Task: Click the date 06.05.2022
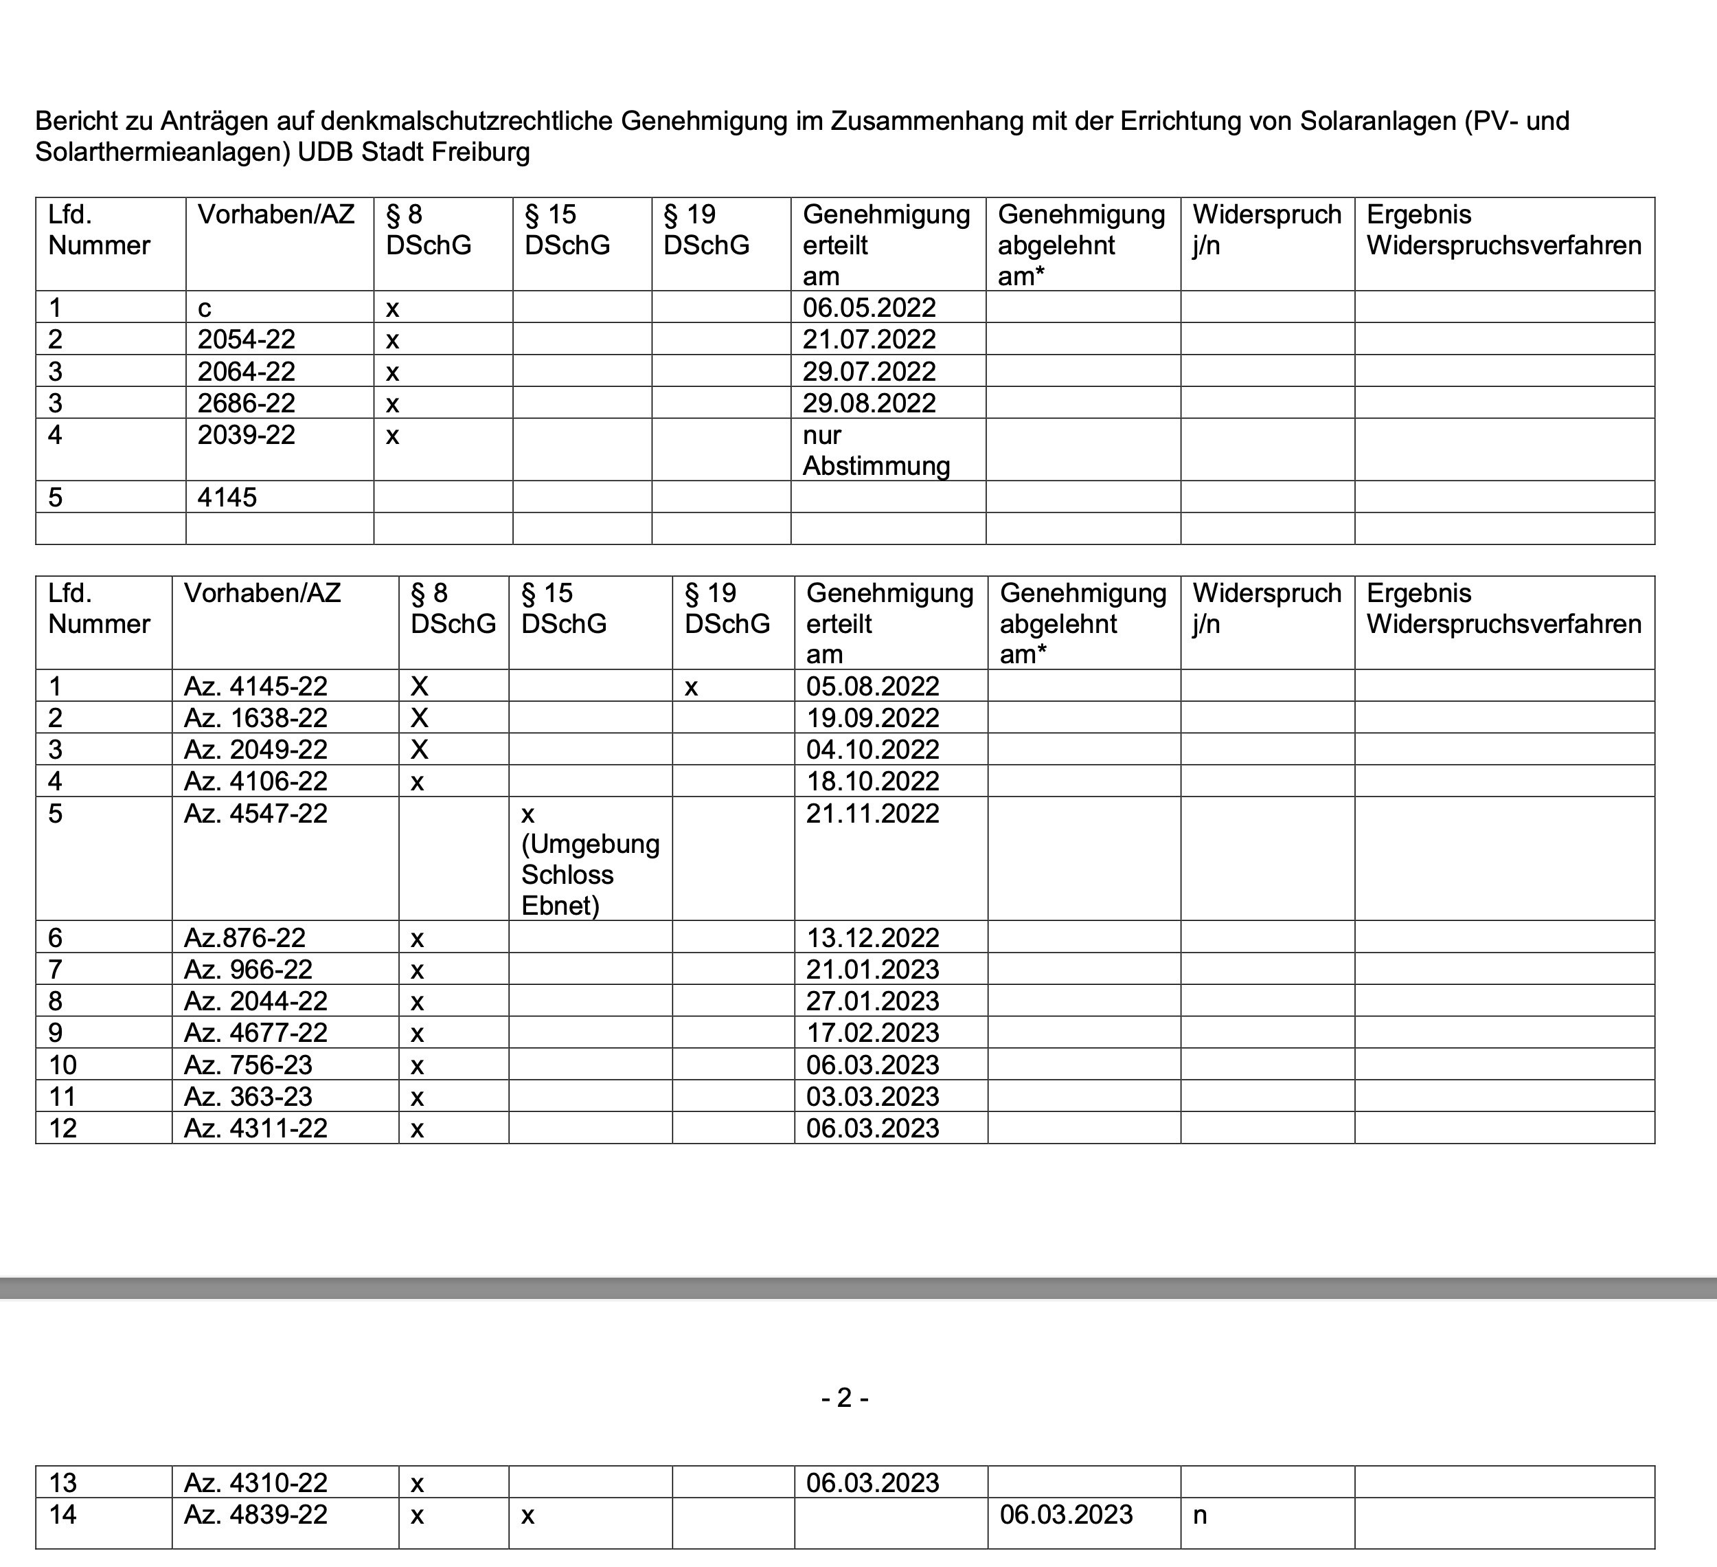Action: [x=869, y=308]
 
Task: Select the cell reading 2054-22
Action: [x=246, y=339]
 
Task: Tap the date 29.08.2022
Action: [x=869, y=403]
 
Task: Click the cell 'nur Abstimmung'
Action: [x=876, y=451]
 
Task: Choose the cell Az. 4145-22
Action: [x=255, y=686]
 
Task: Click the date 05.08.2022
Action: [x=872, y=686]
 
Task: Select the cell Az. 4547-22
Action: [x=255, y=814]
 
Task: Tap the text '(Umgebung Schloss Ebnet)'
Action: [x=590, y=875]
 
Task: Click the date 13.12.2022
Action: [x=872, y=938]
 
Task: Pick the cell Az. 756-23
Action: [x=248, y=1065]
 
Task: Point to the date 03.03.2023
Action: [x=872, y=1097]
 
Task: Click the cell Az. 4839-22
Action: [x=255, y=1515]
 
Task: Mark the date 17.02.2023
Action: [x=872, y=1033]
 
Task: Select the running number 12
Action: [x=63, y=1129]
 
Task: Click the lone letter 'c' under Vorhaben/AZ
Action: [x=205, y=309]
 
